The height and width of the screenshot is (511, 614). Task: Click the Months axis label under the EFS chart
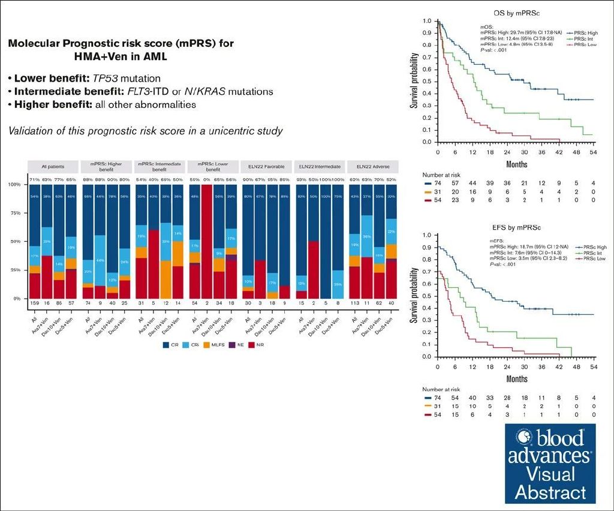[517, 379]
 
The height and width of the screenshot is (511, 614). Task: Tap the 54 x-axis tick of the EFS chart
[593, 366]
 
